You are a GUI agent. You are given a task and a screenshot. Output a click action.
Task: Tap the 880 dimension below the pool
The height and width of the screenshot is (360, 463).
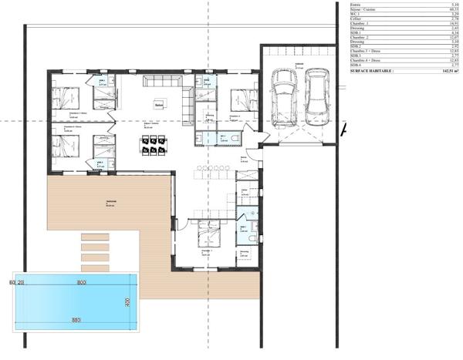(x=76, y=319)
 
